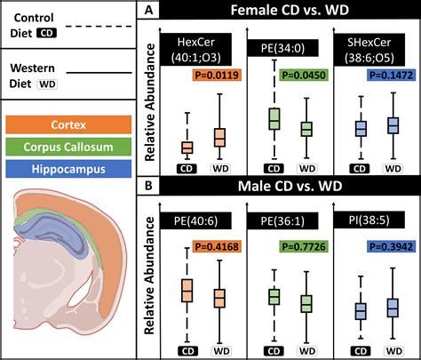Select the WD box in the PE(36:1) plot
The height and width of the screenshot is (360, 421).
[x=306, y=303]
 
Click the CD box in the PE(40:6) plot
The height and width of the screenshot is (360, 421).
[x=187, y=291]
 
